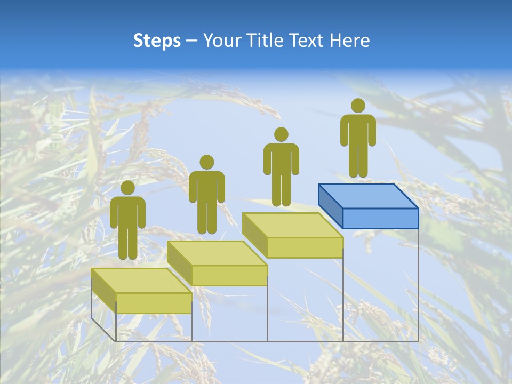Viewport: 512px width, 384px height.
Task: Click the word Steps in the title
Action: (x=157, y=41)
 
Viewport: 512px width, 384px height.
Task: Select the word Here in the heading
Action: (x=349, y=41)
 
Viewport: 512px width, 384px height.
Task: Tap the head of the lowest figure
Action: (x=127, y=188)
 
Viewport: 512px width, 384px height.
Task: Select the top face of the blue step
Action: (x=367, y=196)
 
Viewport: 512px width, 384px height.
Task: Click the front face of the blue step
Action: (x=380, y=218)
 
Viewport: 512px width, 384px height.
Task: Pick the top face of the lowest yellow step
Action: (x=140, y=280)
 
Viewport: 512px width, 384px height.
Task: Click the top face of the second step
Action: (x=216, y=253)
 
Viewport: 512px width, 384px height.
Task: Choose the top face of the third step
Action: (x=292, y=225)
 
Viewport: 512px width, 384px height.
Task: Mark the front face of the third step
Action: (x=305, y=247)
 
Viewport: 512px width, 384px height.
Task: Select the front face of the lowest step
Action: (x=154, y=303)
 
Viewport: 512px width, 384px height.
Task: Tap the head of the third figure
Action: (x=281, y=134)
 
